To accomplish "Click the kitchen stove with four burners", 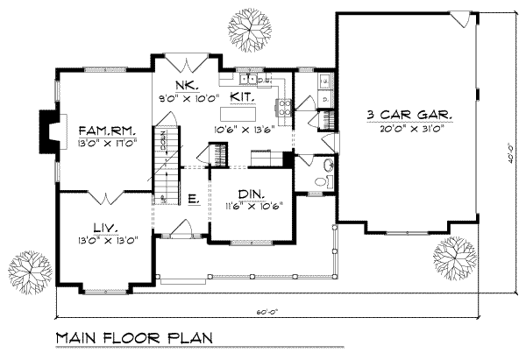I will pos(285,109).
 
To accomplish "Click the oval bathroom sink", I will pos(328,165).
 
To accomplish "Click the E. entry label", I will pos(193,201).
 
